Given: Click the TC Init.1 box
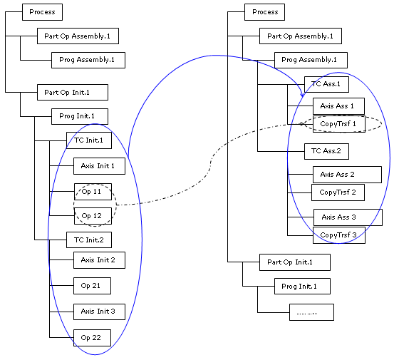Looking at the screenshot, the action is pos(89,140).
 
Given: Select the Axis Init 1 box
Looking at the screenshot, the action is pos(99,166).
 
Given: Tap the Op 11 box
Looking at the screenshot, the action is pos(93,192).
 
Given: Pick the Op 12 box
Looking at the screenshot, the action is pos(93,216).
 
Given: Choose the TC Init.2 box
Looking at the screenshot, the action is pos(89,240).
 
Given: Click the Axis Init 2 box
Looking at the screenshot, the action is pos(99,260).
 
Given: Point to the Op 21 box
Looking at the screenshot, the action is pos(92,286).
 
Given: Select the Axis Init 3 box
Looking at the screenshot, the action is pos(99,312).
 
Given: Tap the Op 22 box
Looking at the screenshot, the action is pos(92,338).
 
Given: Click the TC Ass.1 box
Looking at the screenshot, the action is pos(326,84).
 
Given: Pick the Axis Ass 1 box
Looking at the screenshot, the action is pos(338,106).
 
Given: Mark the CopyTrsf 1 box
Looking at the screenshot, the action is pos(339,124).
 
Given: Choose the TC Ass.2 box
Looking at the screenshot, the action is pos(326,151).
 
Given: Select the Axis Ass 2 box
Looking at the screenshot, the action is pos(347,175).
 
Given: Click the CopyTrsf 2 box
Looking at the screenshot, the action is pos(338,192).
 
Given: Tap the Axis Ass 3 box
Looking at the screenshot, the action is pos(348,217).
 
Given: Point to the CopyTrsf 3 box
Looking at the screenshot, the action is pos(339,235).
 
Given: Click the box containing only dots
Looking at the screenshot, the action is pos(311,312).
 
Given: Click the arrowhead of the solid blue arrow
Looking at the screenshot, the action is pos(303,95).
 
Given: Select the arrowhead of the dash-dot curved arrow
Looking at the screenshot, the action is pos(304,124).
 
